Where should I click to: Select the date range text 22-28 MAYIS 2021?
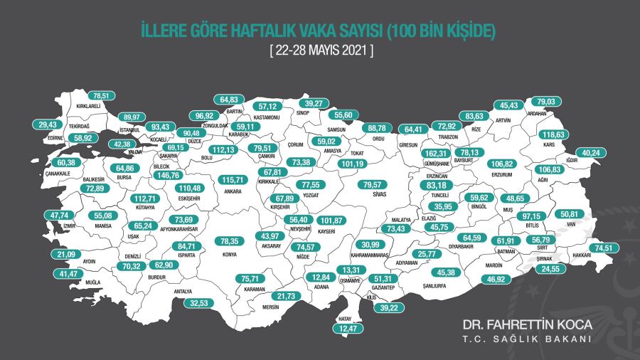click(x=320, y=51)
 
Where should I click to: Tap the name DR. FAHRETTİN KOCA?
click(x=527, y=324)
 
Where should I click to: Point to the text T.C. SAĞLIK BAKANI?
click(x=527, y=339)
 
